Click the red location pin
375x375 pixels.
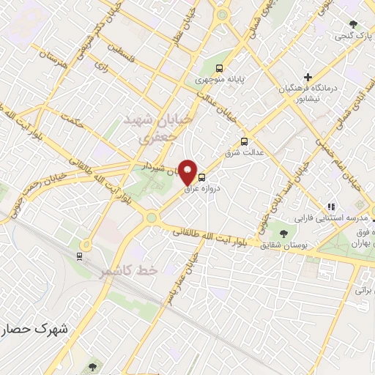coord(189,173)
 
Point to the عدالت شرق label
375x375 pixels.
coord(248,154)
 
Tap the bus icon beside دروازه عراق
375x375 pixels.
coord(201,177)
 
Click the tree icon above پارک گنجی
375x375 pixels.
coord(355,24)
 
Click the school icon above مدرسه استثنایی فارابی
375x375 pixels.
coord(330,207)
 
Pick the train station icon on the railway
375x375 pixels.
coord(78,256)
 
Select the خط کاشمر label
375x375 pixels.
coord(130,271)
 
